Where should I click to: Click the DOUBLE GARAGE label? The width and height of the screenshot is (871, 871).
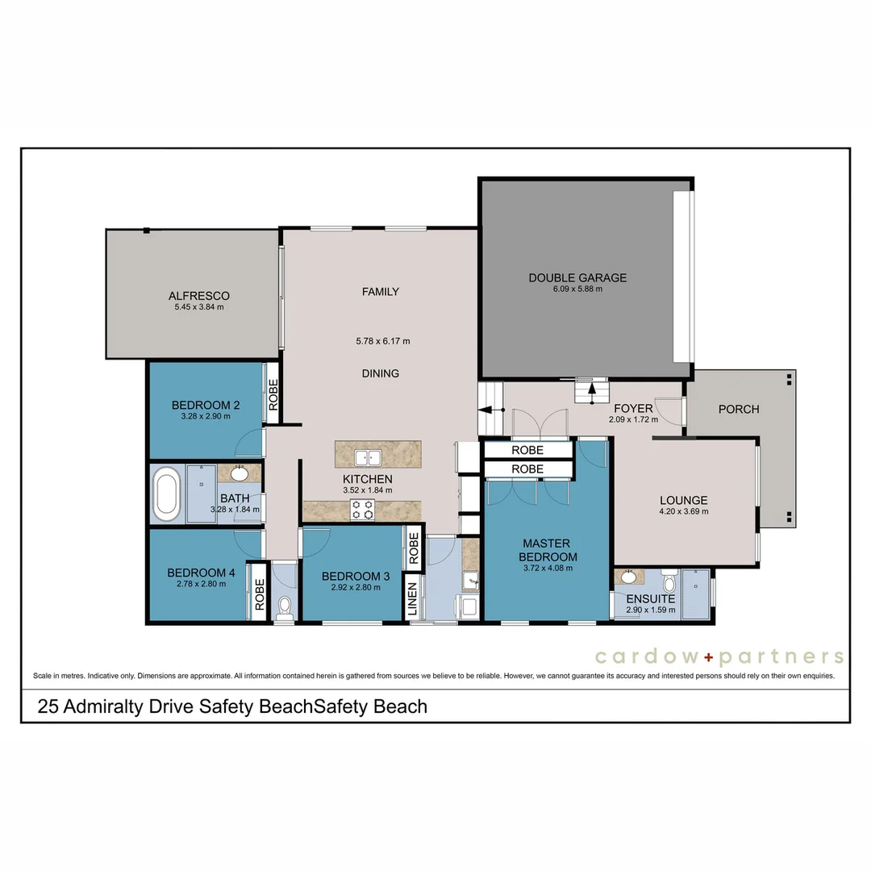(x=577, y=278)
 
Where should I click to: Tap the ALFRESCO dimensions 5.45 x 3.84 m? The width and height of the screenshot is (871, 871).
(x=199, y=307)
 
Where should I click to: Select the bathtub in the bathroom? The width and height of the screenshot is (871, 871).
(x=168, y=494)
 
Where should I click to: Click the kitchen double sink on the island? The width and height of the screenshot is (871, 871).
(x=369, y=457)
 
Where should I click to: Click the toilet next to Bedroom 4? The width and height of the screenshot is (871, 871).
(x=284, y=607)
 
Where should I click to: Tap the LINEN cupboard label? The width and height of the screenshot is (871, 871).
(x=412, y=601)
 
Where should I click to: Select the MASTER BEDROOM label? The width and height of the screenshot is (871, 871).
(x=548, y=550)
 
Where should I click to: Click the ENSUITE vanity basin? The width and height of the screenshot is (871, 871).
(x=628, y=577)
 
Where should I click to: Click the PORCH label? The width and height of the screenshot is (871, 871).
(x=739, y=409)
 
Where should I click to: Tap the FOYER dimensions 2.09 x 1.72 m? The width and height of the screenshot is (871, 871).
(x=633, y=419)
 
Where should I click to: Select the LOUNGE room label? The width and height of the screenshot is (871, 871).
(x=684, y=500)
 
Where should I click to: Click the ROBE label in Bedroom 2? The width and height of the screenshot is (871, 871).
(x=273, y=395)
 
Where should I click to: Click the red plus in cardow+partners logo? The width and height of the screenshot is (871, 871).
(x=706, y=656)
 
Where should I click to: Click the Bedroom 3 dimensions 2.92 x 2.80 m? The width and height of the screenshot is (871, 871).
(x=351, y=587)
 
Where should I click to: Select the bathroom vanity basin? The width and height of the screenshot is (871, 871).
(x=240, y=473)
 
